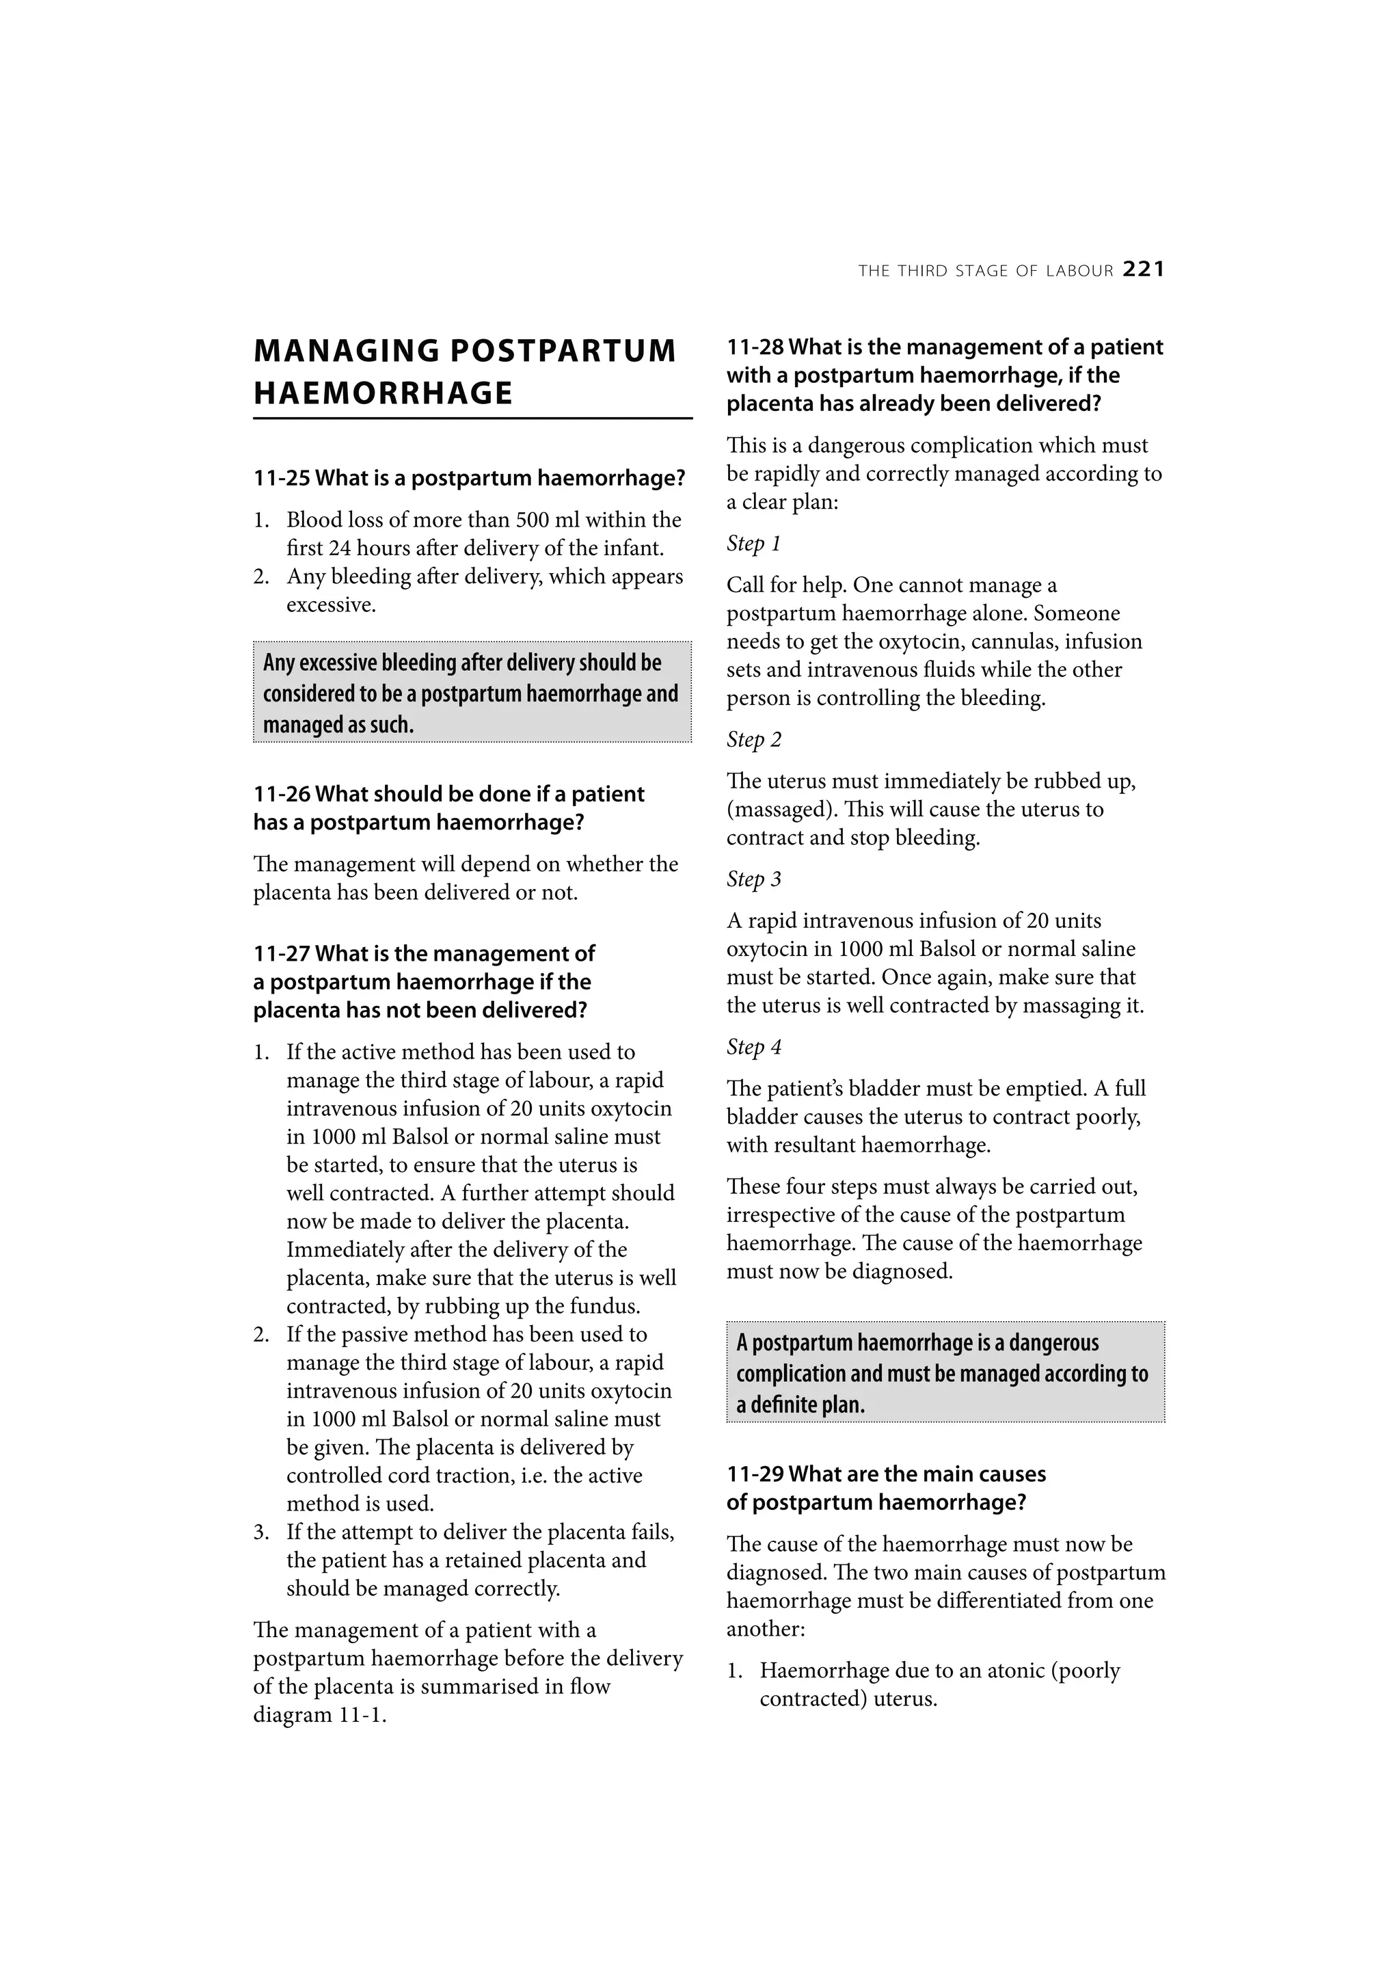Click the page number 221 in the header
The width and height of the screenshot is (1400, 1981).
(1144, 270)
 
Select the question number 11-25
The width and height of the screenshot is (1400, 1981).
(282, 478)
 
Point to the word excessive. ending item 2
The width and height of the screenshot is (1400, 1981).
(332, 604)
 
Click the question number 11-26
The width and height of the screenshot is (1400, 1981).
(282, 794)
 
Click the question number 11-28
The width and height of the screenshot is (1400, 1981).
(755, 347)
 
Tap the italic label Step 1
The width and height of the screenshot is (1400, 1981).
(753, 544)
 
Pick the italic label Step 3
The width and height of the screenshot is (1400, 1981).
(753, 879)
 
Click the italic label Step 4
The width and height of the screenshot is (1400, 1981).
(753, 1047)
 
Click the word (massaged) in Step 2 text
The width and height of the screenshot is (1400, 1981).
(780, 810)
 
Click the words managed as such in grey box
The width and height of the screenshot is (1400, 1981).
(338, 725)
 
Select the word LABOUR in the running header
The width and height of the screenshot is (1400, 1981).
(1079, 271)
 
